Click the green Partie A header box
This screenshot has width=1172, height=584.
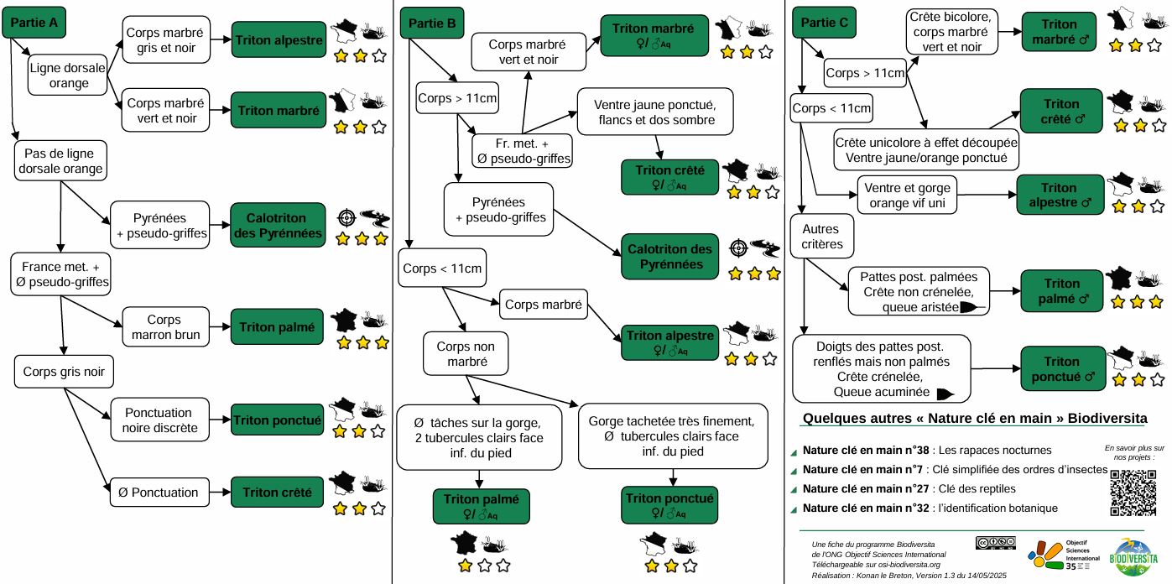pos(34,23)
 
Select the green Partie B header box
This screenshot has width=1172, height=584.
pos(432,23)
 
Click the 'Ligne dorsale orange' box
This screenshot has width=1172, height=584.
pos(69,74)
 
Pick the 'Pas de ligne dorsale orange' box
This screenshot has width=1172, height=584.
pos(59,160)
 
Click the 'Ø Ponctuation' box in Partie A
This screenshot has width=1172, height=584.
pos(164,493)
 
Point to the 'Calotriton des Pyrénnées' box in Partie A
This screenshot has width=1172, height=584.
pos(278,224)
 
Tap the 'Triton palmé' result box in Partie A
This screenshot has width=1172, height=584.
pos(278,326)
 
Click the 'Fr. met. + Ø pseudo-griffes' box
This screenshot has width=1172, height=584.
pos(523,150)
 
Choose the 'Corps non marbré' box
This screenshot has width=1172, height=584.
pos(466,354)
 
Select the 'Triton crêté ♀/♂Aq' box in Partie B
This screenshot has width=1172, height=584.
pos(669,176)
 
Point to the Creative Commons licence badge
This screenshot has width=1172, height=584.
pos(996,543)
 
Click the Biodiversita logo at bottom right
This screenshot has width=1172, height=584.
pos(1137,555)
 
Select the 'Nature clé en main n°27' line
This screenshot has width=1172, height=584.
pos(909,488)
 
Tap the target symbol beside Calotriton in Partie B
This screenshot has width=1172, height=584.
pos(738,248)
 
